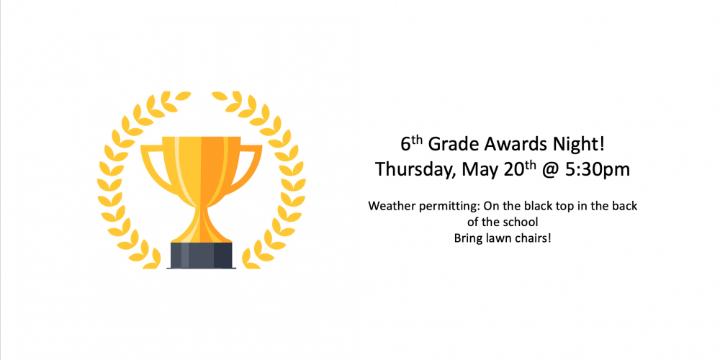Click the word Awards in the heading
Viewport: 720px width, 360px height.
coord(510,145)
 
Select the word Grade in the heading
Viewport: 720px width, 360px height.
coord(454,145)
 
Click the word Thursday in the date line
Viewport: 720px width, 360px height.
coord(415,171)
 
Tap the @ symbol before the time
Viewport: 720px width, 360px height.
coord(553,171)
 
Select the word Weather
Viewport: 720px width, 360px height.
coord(392,206)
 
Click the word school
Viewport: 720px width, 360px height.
coord(523,222)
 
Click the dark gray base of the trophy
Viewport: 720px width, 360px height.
coord(201,255)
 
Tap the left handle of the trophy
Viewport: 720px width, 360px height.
coord(153,166)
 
